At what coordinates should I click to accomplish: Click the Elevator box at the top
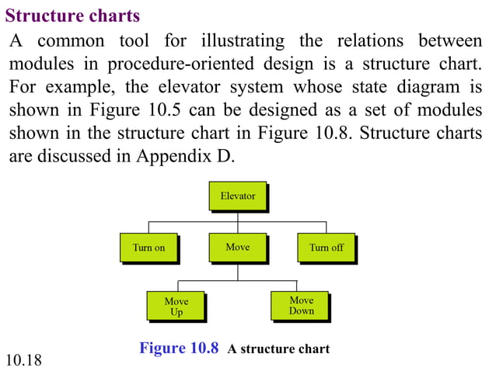(237, 196)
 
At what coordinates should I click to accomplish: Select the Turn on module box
(148, 248)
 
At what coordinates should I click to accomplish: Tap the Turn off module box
(326, 248)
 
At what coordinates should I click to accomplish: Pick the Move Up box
(176, 307)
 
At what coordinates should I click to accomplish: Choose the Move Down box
(301, 306)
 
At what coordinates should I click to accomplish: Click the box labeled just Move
(237, 247)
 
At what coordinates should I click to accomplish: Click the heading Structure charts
(73, 16)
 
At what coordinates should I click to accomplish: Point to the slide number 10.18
(23, 359)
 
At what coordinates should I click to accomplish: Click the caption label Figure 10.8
(179, 348)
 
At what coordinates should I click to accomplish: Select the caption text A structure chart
(278, 348)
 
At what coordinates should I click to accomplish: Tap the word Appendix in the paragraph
(174, 155)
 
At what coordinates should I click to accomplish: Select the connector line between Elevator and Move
(237, 222)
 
